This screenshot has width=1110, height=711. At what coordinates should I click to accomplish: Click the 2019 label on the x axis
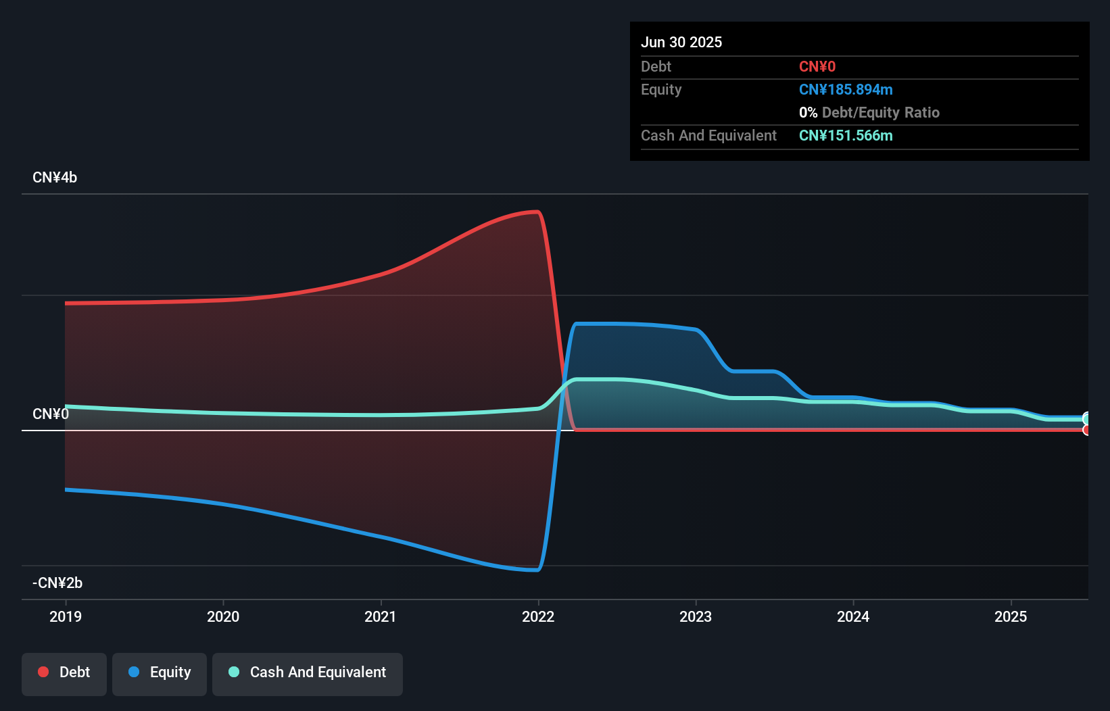tap(66, 616)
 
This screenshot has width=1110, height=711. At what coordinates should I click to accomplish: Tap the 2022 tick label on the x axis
tap(538, 616)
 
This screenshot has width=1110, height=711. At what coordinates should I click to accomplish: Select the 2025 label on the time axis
tap(1010, 616)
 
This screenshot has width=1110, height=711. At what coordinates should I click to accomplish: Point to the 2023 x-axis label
tap(696, 616)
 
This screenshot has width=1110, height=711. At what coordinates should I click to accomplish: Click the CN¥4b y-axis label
tap(55, 178)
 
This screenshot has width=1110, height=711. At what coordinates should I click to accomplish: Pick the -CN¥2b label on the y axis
tap(57, 583)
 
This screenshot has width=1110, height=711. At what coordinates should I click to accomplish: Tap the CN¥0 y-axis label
tap(51, 414)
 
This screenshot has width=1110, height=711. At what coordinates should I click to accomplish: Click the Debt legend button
tap(64, 672)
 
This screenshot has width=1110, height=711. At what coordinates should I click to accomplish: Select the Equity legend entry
tap(160, 672)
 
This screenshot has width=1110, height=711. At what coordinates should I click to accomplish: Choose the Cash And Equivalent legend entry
tap(308, 672)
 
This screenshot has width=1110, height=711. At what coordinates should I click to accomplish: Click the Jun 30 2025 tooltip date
tap(681, 42)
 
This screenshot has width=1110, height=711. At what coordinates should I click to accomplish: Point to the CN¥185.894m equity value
tap(846, 90)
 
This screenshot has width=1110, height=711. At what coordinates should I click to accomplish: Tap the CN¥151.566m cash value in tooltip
tap(846, 136)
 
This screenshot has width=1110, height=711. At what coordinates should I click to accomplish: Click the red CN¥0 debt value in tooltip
tap(817, 67)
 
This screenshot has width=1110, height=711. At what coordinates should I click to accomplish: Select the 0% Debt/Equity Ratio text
tap(869, 113)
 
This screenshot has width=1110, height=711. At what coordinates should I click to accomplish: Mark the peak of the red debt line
tap(536, 212)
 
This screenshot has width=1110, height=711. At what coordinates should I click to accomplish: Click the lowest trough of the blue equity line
tap(536, 570)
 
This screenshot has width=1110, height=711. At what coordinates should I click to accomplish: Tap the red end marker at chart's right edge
tap(1086, 430)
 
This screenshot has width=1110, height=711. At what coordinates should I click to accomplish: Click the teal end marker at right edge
tap(1086, 419)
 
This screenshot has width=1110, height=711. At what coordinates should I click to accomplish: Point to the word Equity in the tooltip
tap(661, 90)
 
